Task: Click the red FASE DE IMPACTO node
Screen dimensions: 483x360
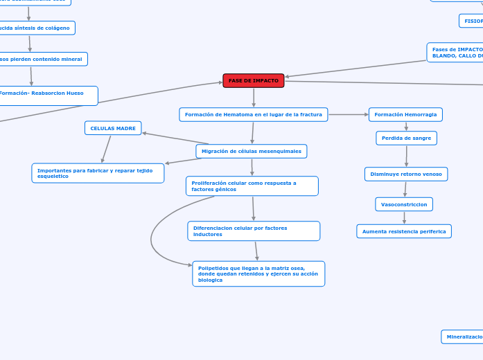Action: point(254,81)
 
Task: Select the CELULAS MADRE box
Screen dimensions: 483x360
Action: point(113,128)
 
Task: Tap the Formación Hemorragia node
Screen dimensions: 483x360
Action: point(405,114)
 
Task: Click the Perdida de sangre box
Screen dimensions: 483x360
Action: point(406,138)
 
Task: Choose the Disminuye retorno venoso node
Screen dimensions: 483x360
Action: point(406,174)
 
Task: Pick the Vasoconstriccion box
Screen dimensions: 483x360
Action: point(404,204)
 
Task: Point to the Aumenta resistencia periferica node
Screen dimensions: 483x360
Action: point(404,231)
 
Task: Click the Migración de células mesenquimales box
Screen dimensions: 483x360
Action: point(252,151)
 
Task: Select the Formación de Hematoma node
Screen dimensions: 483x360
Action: point(254,114)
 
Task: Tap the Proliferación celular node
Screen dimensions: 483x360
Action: point(252,186)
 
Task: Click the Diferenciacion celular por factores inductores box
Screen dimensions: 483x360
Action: point(254,231)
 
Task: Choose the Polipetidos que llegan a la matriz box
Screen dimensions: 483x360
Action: point(258,273)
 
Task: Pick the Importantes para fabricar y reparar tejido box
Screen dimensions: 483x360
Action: point(98,173)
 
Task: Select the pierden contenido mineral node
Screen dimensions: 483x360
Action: point(42,60)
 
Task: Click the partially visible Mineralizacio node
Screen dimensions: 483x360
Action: point(463,336)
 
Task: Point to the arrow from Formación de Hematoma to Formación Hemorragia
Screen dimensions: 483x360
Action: point(349,114)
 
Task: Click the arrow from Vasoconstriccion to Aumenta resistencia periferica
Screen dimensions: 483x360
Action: point(404,217)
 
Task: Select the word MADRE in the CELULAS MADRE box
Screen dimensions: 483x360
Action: point(125,128)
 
